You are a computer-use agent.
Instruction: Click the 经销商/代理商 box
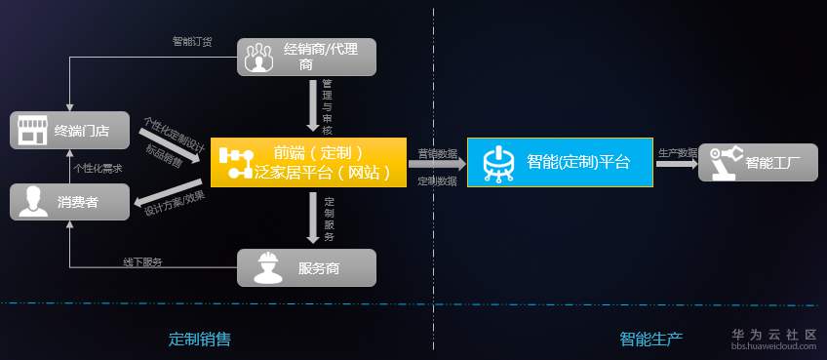click(x=307, y=56)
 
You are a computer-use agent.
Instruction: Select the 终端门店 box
click(x=68, y=130)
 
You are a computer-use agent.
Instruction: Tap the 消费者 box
click(x=68, y=202)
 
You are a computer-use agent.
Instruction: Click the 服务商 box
click(x=306, y=267)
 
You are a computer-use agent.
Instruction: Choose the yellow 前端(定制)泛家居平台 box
click(x=307, y=162)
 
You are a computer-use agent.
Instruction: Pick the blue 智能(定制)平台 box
click(x=559, y=162)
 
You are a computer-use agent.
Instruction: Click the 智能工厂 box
click(x=758, y=162)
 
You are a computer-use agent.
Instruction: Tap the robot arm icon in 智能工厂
click(x=725, y=162)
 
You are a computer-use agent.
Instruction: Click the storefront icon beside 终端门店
click(x=32, y=131)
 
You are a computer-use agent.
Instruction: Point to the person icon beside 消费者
click(x=33, y=203)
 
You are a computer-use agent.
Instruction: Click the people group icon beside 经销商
click(x=258, y=57)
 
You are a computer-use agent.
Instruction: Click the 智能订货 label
click(x=191, y=42)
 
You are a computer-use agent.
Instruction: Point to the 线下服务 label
click(x=142, y=262)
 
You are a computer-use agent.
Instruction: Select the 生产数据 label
click(x=678, y=153)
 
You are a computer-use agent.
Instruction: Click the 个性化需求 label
click(x=98, y=167)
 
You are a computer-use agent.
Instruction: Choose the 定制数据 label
click(x=437, y=180)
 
